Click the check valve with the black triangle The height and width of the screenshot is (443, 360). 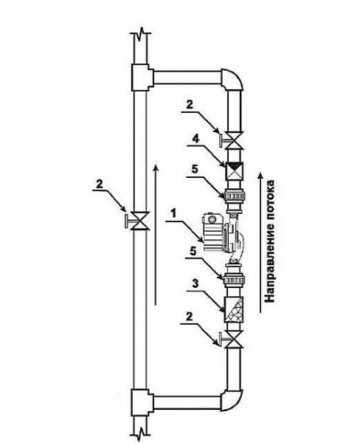[x=234, y=171]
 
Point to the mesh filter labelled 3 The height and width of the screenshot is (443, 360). [x=234, y=309]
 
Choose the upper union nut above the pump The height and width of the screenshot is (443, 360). [x=234, y=195]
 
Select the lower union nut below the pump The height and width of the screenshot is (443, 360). [x=234, y=280]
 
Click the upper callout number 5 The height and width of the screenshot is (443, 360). [x=195, y=170]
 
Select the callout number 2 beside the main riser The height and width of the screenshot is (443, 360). [x=99, y=185]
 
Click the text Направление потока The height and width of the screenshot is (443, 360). [x=270, y=241]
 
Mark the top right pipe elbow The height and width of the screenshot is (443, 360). [x=232, y=80]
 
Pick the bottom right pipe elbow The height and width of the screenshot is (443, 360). [x=232, y=399]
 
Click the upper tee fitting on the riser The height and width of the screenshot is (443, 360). [x=142, y=77]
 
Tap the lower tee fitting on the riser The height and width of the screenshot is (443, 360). [x=142, y=402]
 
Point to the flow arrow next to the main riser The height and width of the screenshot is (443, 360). [x=155, y=236]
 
